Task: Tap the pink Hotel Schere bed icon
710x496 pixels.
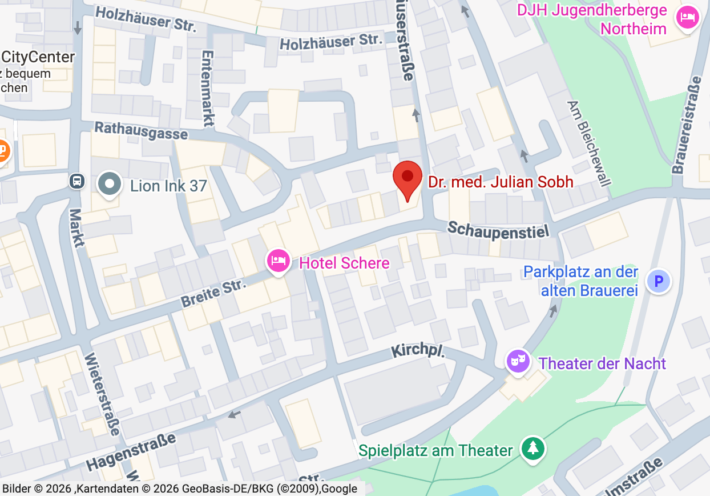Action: click(278, 261)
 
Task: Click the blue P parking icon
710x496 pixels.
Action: click(659, 281)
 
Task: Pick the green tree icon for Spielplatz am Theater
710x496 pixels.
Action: click(533, 448)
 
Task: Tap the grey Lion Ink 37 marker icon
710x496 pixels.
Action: click(109, 185)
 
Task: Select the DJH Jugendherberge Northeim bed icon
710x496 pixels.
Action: click(688, 17)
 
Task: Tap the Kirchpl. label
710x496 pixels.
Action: click(418, 351)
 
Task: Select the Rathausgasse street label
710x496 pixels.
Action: click(141, 130)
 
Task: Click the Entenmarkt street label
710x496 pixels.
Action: click(207, 88)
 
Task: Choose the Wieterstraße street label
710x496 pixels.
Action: click(102, 394)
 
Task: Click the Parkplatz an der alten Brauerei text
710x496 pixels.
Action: click(580, 281)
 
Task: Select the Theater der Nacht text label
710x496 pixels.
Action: click(602, 363)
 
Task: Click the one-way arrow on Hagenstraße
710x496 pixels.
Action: click(234, 414)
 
